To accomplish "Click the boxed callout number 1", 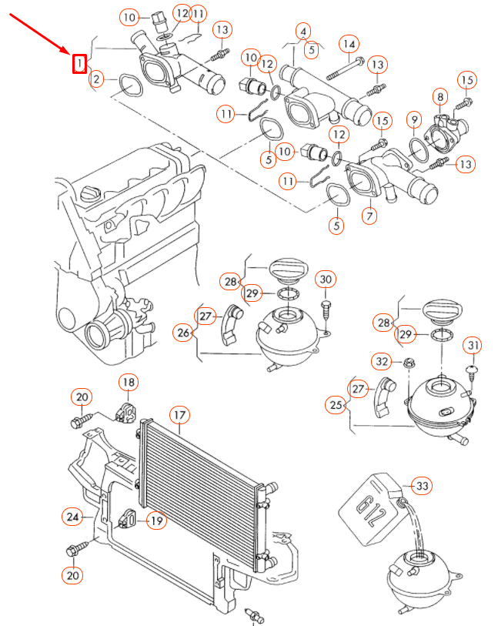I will [79, 63].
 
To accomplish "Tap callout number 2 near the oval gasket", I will [96, 79].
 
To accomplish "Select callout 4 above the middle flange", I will [305, 32].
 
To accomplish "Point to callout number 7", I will [370, 216].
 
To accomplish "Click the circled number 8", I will [440, 97].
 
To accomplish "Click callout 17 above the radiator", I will [179, 417].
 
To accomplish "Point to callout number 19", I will [156, 521].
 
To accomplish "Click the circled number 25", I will [335, 403].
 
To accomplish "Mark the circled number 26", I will [183, 333].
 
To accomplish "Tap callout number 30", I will [326, 278].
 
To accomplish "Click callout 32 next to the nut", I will [383, 360].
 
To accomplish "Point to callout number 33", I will [422, 486].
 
